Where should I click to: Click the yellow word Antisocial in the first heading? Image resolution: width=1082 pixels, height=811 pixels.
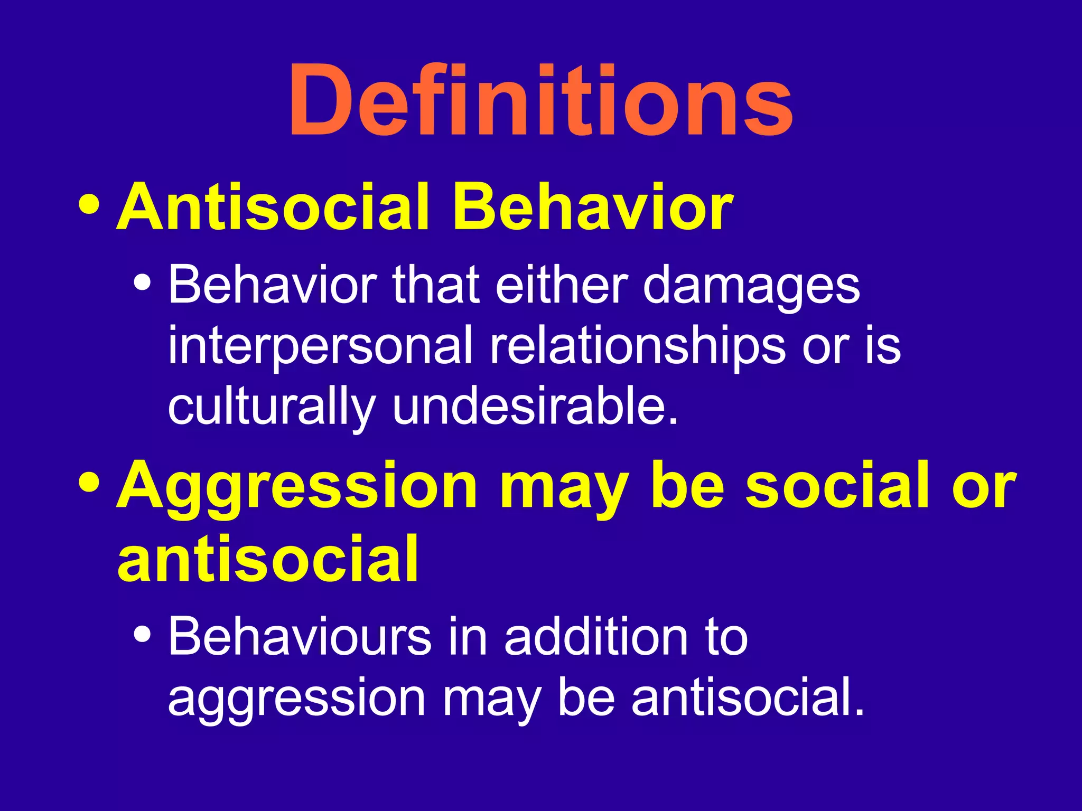(x=272, y=207)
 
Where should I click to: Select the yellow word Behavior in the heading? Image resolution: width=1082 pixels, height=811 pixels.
(x=592, y=207)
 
